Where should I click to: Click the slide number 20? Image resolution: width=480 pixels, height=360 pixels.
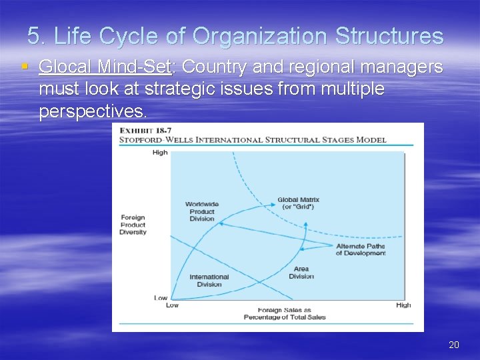(x=454, y=345)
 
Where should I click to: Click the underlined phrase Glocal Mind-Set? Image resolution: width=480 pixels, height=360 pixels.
(x=105, y=67)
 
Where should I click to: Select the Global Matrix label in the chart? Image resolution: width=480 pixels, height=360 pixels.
(x=298, y=203)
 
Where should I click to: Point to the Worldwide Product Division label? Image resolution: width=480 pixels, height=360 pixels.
(x=201, y=211)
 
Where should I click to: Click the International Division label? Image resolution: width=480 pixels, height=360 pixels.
(x=209, y=281)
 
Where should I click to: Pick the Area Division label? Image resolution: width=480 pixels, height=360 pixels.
(x=301, y=273)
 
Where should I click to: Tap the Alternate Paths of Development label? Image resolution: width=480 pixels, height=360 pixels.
(x=360, y=249)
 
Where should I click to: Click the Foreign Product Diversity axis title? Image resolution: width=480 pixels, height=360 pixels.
(x=133, y=225)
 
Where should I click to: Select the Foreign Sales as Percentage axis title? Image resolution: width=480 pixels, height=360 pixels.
(x=285, y=313)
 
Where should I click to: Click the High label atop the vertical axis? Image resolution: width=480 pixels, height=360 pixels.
(x=160, y=152)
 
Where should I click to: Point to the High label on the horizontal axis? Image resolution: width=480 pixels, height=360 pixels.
(x=403, y=305)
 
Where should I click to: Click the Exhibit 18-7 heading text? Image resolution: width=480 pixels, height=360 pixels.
(x=141, y=131)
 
